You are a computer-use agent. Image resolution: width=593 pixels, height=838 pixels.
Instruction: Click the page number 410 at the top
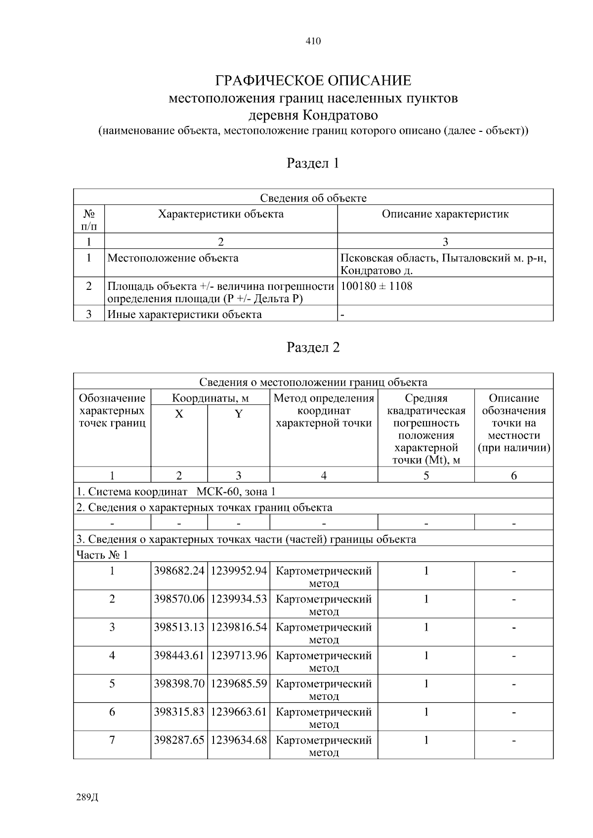[x=313, y=41]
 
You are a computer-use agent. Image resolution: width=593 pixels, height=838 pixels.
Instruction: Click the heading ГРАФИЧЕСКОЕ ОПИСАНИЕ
[x=313, y=80]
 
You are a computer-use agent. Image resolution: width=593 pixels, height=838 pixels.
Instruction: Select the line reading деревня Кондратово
[x=313, y=116]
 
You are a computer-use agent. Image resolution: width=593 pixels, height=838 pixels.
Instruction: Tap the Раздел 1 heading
[x=313, y=163]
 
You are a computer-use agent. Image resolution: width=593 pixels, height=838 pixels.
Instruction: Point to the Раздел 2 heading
[x=313, y=347]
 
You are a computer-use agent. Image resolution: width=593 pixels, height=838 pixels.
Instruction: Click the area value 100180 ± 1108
[x=377, y=286]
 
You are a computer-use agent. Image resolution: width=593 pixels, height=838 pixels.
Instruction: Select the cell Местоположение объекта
[x=173, y=258]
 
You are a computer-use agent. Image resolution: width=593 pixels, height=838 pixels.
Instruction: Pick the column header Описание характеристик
[x=445, y=214]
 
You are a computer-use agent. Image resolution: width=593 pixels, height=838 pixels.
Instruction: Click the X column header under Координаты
[x=179, y=414]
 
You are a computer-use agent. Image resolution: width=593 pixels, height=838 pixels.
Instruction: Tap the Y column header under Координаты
[x=238, y=414]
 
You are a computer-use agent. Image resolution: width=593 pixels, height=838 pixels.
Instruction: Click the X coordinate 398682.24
[x=179, y=571]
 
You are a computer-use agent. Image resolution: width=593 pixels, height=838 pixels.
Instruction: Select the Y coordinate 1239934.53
[x=239, y=599]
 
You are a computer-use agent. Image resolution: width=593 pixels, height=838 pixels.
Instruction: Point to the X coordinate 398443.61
[x=179, y=655]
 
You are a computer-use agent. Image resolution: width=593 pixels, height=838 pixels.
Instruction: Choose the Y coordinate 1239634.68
[x=239, y=740]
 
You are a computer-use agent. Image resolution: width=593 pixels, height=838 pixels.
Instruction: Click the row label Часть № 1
[x=102, y=555]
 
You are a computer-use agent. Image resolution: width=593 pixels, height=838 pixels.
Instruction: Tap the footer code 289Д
[x=87, y=798]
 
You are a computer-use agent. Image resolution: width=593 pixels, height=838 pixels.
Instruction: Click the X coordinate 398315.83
[x=179, y=712]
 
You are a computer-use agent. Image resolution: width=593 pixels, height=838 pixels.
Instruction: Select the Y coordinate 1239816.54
[x=239, y=627]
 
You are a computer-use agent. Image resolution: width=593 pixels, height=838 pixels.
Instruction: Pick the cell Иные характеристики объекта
[x=185, y=315]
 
